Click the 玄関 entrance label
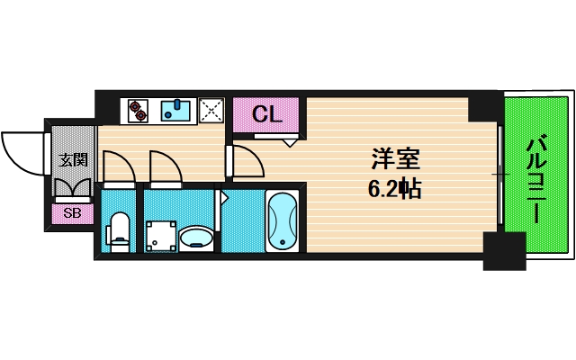click(73, 160)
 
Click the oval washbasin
click(196, 238)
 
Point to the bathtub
click(283, 220)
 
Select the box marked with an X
click(212, 110)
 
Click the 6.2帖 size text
click(394, 190)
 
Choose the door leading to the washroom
click(164, 166)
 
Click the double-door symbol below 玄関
click(72, 188)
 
